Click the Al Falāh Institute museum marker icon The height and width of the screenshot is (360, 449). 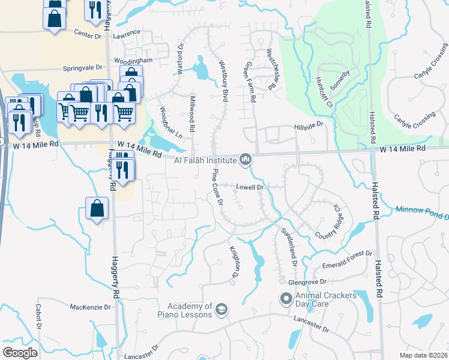click(x=245, y=160)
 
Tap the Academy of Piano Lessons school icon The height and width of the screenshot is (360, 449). click(x=221, y=309)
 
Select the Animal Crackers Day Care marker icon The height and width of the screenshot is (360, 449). click(x=286, y=298)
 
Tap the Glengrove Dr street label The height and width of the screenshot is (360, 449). click(x=306, y=281)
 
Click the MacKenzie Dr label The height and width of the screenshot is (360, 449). click(x=91, y=307)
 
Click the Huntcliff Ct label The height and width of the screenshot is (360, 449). click(x=323, y=92)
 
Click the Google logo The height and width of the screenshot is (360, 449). click(x=20, y=353)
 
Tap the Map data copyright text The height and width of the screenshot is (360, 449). click(x=423, y=355)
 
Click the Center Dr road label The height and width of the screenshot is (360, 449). click(x=89, y=35)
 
